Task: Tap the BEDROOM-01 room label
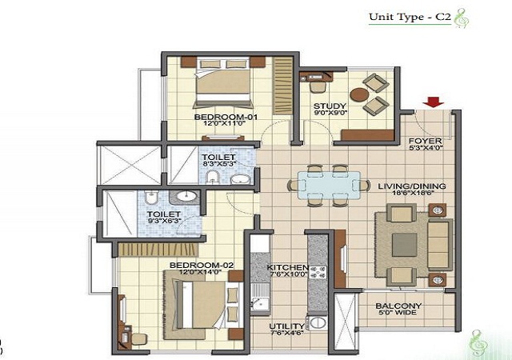tap(226, 117)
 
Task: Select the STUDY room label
tap(330, 106)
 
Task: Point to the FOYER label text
tap(426, 141)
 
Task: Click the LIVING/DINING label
tap(412, 186)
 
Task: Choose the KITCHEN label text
tap(287, 267)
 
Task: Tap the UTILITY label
tap(286, 326)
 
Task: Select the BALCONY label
tap(398, 306)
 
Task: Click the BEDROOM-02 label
tap(202, 266)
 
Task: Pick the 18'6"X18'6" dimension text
tap(413, 193)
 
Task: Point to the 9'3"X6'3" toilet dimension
tap(164, 221)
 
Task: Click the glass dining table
tap(329, 186)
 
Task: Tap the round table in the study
tap(359, 94)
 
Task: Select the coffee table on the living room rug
tap(405, 245)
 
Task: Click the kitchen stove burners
tap(318, 273)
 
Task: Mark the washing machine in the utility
tap(317, 322)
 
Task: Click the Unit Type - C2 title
tap(410, 17)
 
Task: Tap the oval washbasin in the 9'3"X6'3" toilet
tap(186, 196)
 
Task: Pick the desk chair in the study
tap(318, 87)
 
